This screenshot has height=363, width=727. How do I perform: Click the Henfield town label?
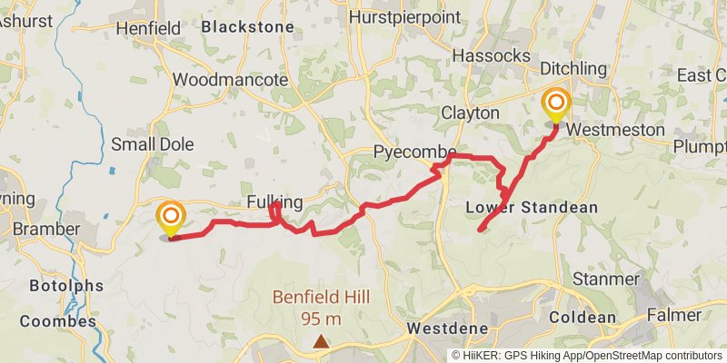pyautogui.click(x=149, y=29)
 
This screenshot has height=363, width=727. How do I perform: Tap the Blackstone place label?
pyautogui.click(x=247, y=27)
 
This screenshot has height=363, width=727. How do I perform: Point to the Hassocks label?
pyautogui.click(x=491, y=56)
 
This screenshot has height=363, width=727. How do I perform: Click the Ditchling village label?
pyautogui.click(x=573, y=69)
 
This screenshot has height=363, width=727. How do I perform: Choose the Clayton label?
pyautogui.click(x=471, y=113)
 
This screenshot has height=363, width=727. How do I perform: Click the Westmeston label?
pyautogui.click(x=615, y=130)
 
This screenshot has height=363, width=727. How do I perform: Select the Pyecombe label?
pyautogui.click(x=413, y=152)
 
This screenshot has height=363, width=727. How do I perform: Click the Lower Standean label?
pyautogui.click(x=532, y=207)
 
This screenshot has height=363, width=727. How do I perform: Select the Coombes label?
pyautogui.click(x=57, y=321)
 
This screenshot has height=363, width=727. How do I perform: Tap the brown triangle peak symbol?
pyautogui.click(x=321, y=342)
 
